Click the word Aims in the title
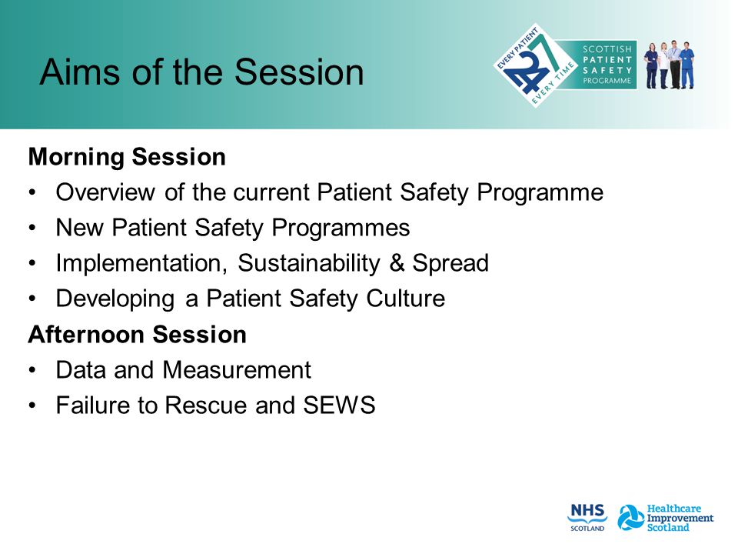[80, 72]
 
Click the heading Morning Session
[127, 157]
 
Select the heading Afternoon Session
[138, 335]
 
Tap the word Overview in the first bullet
[105, 192]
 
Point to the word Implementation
[141, 263]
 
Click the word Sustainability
[309, 263]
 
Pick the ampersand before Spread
[397, 263]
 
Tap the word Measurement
[237, 370]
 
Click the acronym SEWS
[339, 405]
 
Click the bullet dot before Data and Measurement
[32, 370]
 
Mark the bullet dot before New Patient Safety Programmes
[32, 228]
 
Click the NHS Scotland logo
[587, 517]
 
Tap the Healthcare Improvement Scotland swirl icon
[630, 517]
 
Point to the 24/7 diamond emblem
[535, 65]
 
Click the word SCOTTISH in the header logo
[607, 49]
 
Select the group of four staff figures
[669, 65]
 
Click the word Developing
[115, 299]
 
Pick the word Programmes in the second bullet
[341, 228]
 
